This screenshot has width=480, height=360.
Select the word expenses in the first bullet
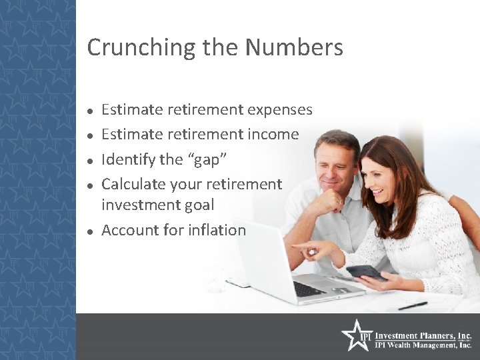click(x=279, y=109)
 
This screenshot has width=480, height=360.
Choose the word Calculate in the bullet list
click(x=133, y=184)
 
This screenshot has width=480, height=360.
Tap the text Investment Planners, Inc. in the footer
click(x=423, y=336)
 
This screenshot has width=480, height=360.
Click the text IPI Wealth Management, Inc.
click(x=423, y=346)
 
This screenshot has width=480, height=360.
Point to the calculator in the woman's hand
click(x=365, y=271)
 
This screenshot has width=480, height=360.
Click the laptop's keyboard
click(x=309, y=288)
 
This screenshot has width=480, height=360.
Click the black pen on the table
click(x=413, y=306)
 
